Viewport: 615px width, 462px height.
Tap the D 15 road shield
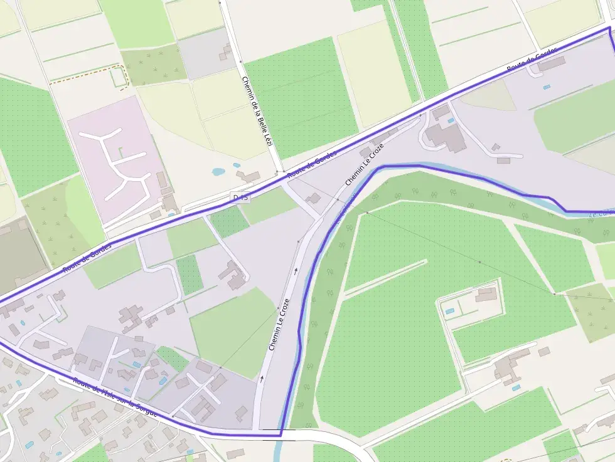(240, 197)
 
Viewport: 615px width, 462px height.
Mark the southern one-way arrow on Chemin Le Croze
(262, 378)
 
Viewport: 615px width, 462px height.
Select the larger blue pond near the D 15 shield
(219, 171)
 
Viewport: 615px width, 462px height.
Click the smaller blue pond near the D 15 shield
(237, 166)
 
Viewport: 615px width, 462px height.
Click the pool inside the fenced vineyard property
(449, 311)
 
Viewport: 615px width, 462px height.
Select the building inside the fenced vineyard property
(486, 294)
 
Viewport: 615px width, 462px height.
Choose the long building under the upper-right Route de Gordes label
(550, 64)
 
